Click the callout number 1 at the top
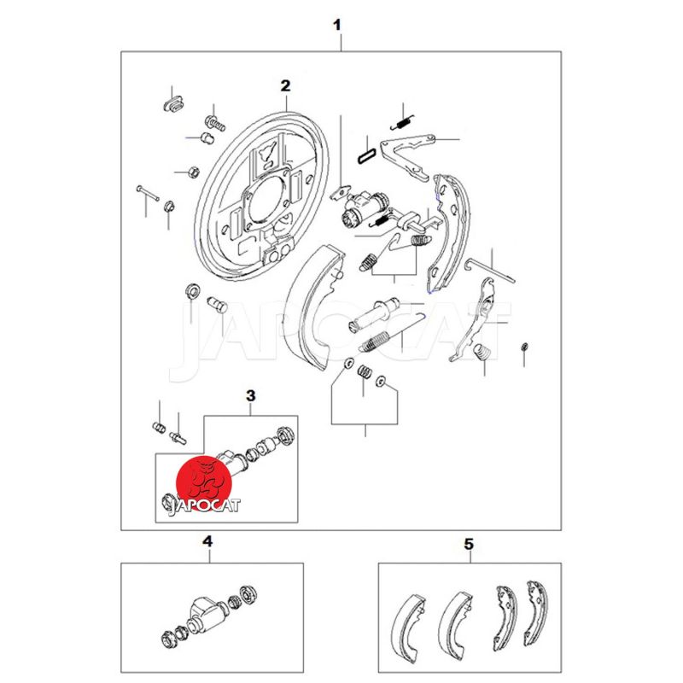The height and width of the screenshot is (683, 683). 336,25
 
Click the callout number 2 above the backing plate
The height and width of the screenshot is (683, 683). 285,86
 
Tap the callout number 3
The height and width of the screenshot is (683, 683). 250,396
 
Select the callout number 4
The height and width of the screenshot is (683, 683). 207,542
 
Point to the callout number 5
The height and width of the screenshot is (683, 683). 469,544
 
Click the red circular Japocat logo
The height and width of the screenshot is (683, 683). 203,482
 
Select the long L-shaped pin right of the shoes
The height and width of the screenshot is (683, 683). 489,271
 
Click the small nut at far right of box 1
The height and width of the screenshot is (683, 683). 524,347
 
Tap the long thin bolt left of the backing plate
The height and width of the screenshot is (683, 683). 148,193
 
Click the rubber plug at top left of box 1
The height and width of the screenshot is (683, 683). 174,103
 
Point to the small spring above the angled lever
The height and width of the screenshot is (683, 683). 402,122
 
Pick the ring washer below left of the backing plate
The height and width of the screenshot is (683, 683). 193,289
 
